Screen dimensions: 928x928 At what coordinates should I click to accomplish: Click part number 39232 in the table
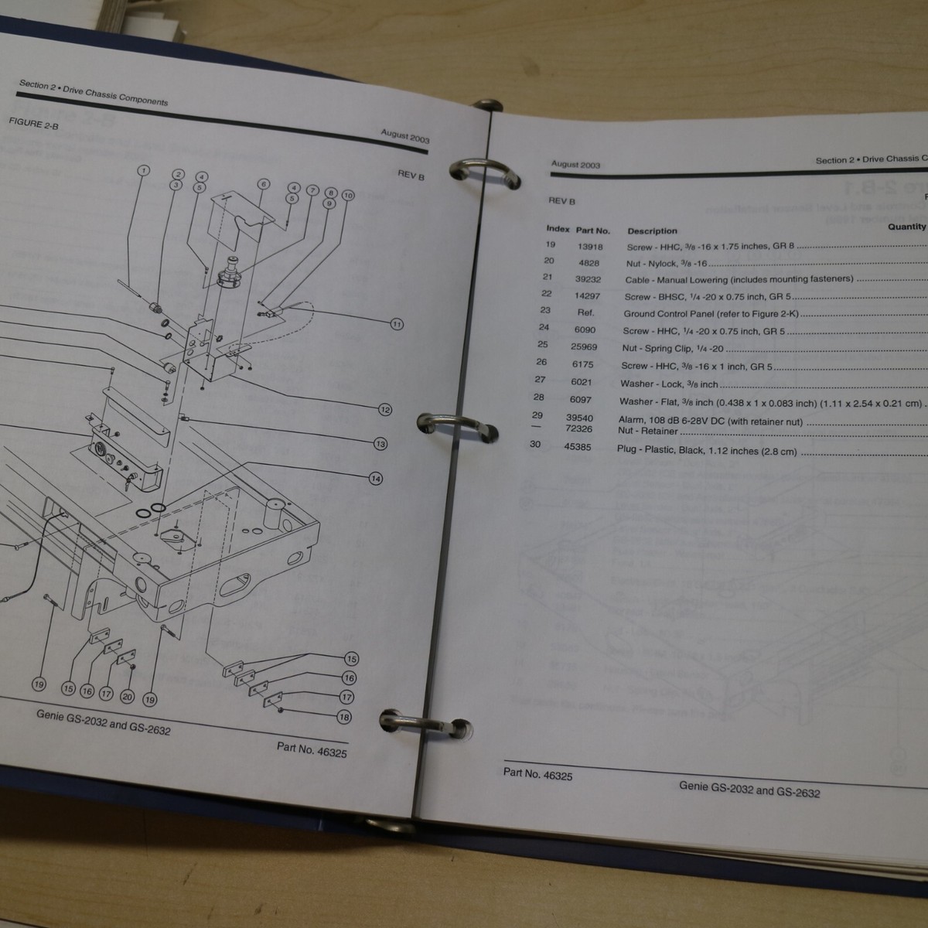coord(586,279)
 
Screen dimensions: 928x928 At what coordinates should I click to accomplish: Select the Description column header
coord(652,230)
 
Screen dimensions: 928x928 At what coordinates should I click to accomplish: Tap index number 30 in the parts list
coord(535,445)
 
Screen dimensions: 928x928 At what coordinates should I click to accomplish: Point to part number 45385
coord(578,447)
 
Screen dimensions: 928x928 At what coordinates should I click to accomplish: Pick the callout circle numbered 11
coord(397,324)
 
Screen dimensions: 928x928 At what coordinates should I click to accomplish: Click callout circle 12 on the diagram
coord(385,410)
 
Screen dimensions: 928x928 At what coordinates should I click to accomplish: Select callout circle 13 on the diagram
coord(380,444)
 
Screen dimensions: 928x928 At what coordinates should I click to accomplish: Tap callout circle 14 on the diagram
coord(376,479)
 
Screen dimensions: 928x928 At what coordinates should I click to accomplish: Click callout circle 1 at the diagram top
coord(143,170)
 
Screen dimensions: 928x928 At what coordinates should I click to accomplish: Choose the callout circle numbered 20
coord(127,697)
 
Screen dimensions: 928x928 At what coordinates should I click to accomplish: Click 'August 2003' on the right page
coord(575,164)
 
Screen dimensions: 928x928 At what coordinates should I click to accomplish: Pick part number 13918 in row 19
coord(590,247)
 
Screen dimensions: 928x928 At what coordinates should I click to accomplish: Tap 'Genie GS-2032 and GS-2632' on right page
coord(749,789)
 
